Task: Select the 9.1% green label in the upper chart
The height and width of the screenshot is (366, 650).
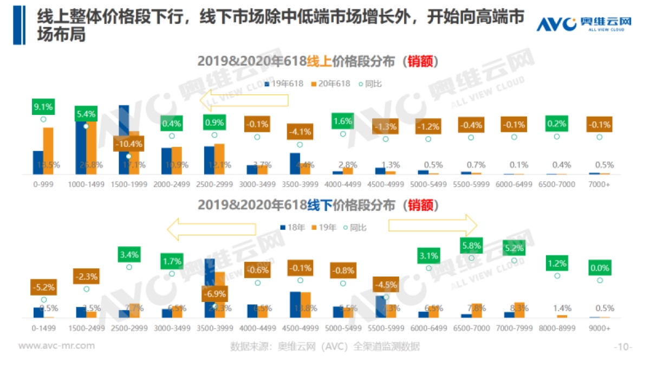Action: [43, 107]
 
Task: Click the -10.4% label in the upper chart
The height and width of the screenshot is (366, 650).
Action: [128, 144]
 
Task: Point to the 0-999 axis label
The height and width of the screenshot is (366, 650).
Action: [43, 184]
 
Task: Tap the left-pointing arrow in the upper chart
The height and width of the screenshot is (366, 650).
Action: [243, 100]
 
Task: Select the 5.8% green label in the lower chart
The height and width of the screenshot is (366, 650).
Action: [471, 245]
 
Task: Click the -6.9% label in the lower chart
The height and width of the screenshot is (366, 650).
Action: [214, 293]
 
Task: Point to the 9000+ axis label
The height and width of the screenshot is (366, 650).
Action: [599, 328]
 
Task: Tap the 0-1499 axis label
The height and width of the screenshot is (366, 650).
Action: [44, 328]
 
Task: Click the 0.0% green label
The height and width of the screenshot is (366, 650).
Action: [599, 268]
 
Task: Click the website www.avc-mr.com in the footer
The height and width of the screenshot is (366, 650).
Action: [57, 345]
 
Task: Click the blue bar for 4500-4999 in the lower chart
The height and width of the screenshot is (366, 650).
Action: [295, 304]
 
